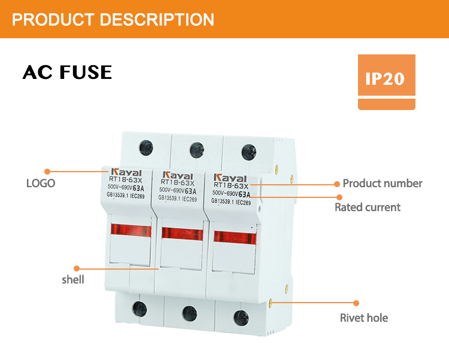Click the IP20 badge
386,79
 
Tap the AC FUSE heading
67,72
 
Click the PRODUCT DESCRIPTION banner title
113,19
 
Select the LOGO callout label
41,184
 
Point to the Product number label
382,184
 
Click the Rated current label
367,208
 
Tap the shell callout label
73,279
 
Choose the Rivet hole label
363,318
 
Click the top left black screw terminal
144,145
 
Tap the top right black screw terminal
245,151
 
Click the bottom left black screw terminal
138,308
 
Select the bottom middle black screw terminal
189,312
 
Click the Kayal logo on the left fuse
125,172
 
